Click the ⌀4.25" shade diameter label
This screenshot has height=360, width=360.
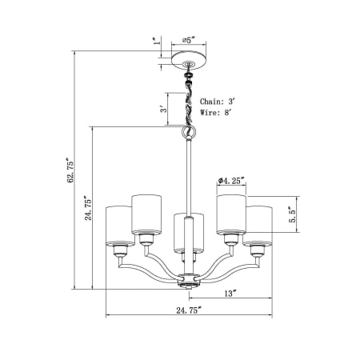click(231, 182)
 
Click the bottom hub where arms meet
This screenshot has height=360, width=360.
click(189, 280)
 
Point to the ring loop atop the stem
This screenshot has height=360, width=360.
click(190, 131)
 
